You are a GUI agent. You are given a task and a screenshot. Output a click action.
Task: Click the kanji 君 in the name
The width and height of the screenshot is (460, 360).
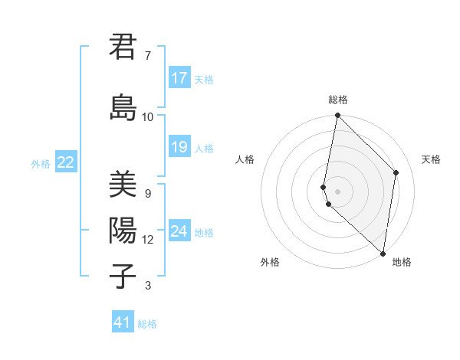point(123,47)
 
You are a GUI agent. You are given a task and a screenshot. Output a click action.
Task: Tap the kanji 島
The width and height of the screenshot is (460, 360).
point(123,108)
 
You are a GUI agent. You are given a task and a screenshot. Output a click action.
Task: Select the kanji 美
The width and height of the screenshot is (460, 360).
point(123,185)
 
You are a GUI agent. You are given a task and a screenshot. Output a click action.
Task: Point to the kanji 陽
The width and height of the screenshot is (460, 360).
point(123,231)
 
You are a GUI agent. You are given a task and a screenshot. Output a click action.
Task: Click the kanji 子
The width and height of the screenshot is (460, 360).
point(123,277)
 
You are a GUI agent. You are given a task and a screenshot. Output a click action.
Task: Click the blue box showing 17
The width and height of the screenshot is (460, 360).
point(179,78)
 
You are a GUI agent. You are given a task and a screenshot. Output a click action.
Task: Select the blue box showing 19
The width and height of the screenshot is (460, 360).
point(179,147)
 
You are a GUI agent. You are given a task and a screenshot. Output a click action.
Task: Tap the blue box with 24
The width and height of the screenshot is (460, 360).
point(179,231)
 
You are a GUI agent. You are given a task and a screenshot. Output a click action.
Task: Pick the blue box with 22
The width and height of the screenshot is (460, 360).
point(66,162)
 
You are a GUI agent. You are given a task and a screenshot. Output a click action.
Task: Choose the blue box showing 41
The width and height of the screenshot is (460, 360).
point(123,322)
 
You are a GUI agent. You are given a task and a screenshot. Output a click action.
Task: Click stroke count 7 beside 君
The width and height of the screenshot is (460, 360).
point(147,56)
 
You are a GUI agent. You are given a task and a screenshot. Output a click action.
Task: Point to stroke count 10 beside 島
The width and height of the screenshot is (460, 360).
point(147,117)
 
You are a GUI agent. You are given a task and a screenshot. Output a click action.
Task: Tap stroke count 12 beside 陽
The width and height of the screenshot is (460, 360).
point(147,240)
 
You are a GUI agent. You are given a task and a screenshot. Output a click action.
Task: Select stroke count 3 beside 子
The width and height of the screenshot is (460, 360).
point(147,286)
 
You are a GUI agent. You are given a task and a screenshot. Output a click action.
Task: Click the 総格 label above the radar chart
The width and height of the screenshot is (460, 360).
point(337,100)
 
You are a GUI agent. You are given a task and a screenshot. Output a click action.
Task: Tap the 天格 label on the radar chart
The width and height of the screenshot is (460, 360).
point(431,159)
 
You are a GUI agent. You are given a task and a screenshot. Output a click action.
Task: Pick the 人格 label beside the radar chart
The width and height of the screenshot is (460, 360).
point(245,159)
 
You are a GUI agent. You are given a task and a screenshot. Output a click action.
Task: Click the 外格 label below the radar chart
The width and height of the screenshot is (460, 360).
point(270,262)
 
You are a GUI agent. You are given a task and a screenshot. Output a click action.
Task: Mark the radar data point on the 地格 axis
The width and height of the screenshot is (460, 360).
point(383,253)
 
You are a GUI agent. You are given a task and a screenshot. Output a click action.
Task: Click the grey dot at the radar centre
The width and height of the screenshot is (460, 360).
point(337,191)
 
